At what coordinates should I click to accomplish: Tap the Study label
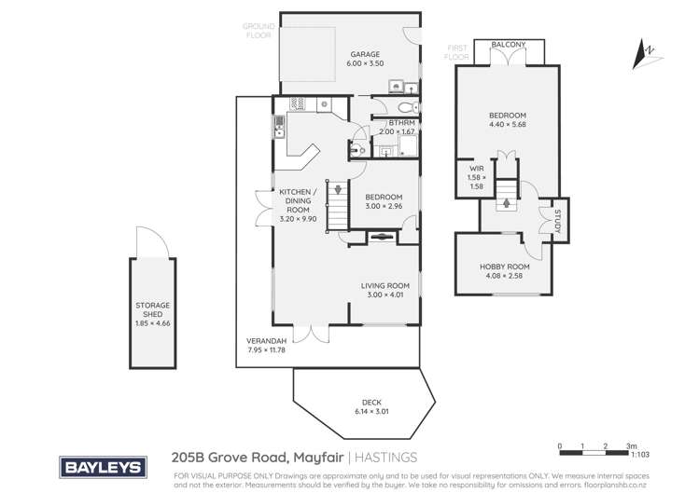(558, 223)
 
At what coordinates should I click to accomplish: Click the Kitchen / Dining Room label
(299, 203)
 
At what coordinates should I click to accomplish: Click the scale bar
(594, 447)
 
